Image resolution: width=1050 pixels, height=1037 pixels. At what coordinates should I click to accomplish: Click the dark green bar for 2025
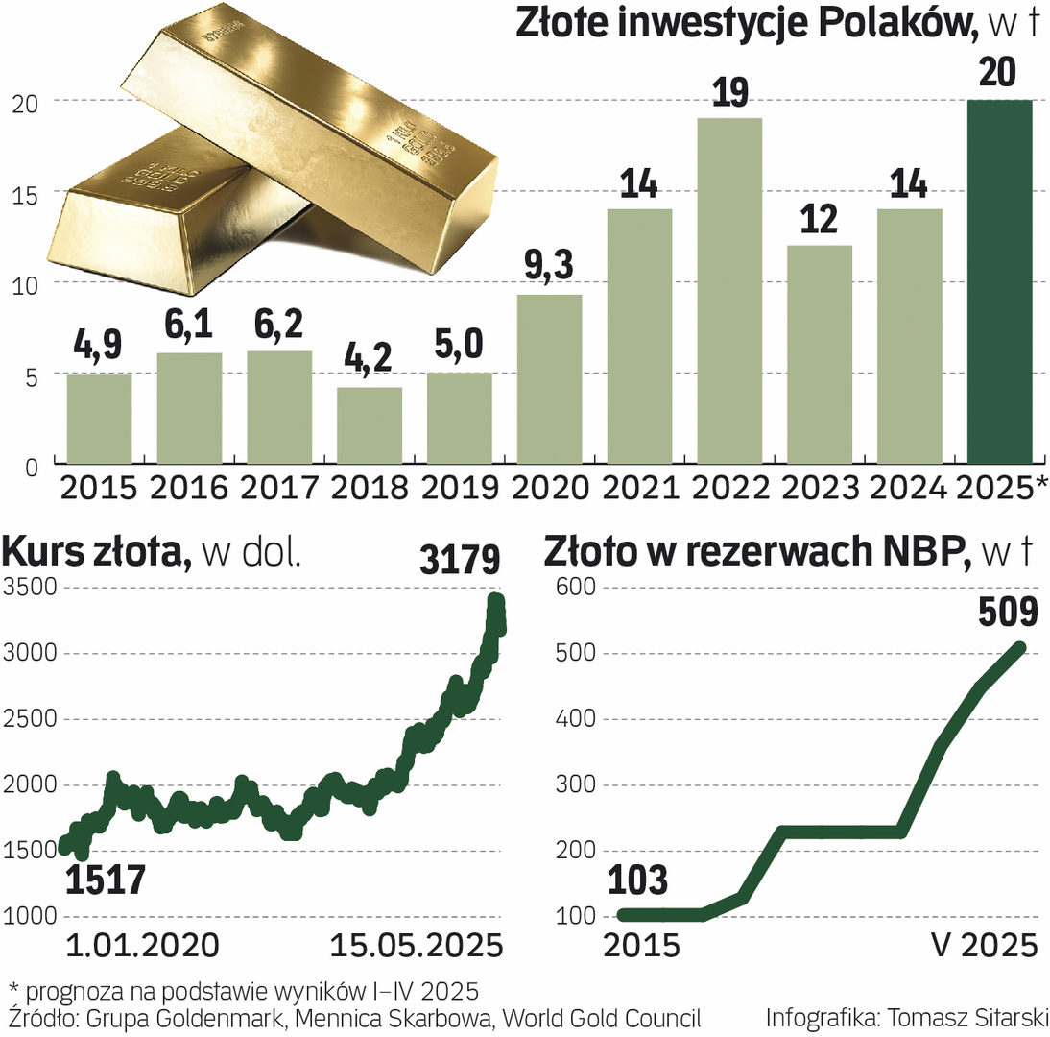point(999,283)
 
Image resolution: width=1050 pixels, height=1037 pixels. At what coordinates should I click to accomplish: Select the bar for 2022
point(730,292)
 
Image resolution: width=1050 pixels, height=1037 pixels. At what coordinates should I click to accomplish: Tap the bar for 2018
point(370,426)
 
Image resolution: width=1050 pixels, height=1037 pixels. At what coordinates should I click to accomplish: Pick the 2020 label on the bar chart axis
point(549,487)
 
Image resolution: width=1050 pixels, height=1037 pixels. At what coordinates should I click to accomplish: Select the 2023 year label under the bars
point(820,487)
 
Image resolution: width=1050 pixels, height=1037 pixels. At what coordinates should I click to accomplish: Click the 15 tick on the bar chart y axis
point(24,193)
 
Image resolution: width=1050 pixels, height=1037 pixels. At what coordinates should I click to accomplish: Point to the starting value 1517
point(106,880)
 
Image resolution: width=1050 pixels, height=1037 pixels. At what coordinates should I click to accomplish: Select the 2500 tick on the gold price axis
point(29,719)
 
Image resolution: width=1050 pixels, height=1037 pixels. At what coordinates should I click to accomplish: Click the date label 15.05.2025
point(417,945)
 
